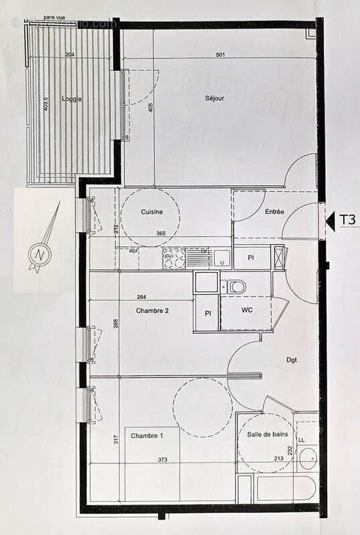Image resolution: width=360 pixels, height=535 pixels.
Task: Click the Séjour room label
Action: (x=214, y=98)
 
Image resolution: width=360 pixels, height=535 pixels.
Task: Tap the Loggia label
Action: (x=72, y=98)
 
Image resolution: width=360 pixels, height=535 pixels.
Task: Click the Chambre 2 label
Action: (x=152, y=310)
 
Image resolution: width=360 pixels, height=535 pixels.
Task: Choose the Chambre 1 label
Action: (x=147, y=435)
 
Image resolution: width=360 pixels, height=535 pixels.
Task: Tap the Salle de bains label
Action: (x=266, y=435)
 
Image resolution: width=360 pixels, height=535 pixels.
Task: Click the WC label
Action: (x=246, y=310)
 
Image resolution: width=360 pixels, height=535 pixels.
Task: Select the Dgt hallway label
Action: (x=291, y=360)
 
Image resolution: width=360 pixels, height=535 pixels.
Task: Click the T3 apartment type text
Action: (x=347, y=219)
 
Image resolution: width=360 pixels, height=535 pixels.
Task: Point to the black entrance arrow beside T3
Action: (x=329, y=219)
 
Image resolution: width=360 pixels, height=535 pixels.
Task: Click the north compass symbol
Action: (x=40, y=254)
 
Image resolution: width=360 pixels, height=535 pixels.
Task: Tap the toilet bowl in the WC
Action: (x=236, y=287)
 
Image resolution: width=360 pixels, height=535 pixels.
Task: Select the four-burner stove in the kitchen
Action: (x=173, y=258)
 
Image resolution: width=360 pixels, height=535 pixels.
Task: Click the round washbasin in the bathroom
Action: (x=308, y=459)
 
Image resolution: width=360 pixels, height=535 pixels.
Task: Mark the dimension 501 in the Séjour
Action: (x=219, y=55)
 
